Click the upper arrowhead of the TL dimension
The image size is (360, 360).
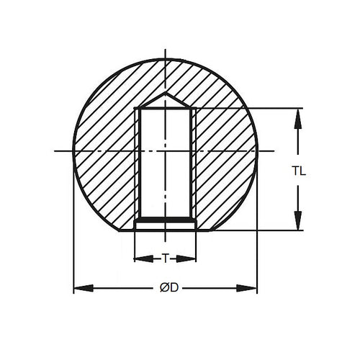(x=297, y=115)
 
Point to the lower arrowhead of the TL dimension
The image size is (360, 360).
(x=297, y=223)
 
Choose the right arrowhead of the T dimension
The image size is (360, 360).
(x=192, y=258)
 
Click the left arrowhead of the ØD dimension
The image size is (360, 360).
(x=80, y=289)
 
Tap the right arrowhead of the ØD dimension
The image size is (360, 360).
(x=251, y=289)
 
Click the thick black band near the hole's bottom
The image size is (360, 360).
(x=166, y=217)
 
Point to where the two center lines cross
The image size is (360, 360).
(x=166, y=151)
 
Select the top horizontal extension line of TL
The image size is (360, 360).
(x=245, y=108)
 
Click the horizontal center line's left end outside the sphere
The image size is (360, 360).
(x=58, y=151)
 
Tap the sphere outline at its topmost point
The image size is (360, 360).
(x=166, y=60)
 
